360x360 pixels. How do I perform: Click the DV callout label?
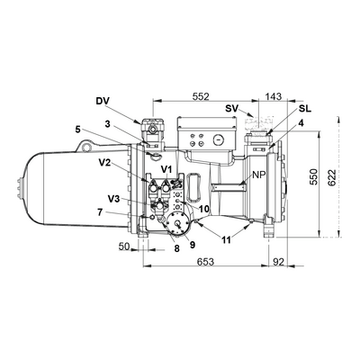103,101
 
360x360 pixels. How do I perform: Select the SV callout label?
231,108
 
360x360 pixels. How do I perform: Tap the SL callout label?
305,108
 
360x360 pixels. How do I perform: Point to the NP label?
258,175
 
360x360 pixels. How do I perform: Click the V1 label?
166,170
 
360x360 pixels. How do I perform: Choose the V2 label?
104,163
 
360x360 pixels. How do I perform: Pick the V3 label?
113,199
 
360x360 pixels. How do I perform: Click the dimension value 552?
201,96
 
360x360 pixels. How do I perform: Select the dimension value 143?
274,96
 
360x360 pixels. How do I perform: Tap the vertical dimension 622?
332,178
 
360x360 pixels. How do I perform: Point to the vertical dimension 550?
313,177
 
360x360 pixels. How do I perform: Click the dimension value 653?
206,262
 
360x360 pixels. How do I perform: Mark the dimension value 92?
279,262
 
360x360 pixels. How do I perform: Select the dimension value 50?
124,247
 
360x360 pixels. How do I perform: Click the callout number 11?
226,239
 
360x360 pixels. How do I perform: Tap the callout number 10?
203,208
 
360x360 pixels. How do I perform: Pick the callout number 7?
100,212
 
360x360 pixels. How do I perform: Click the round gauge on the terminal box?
219,139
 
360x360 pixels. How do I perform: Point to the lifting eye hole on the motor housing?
87,148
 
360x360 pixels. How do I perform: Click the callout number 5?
78,130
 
